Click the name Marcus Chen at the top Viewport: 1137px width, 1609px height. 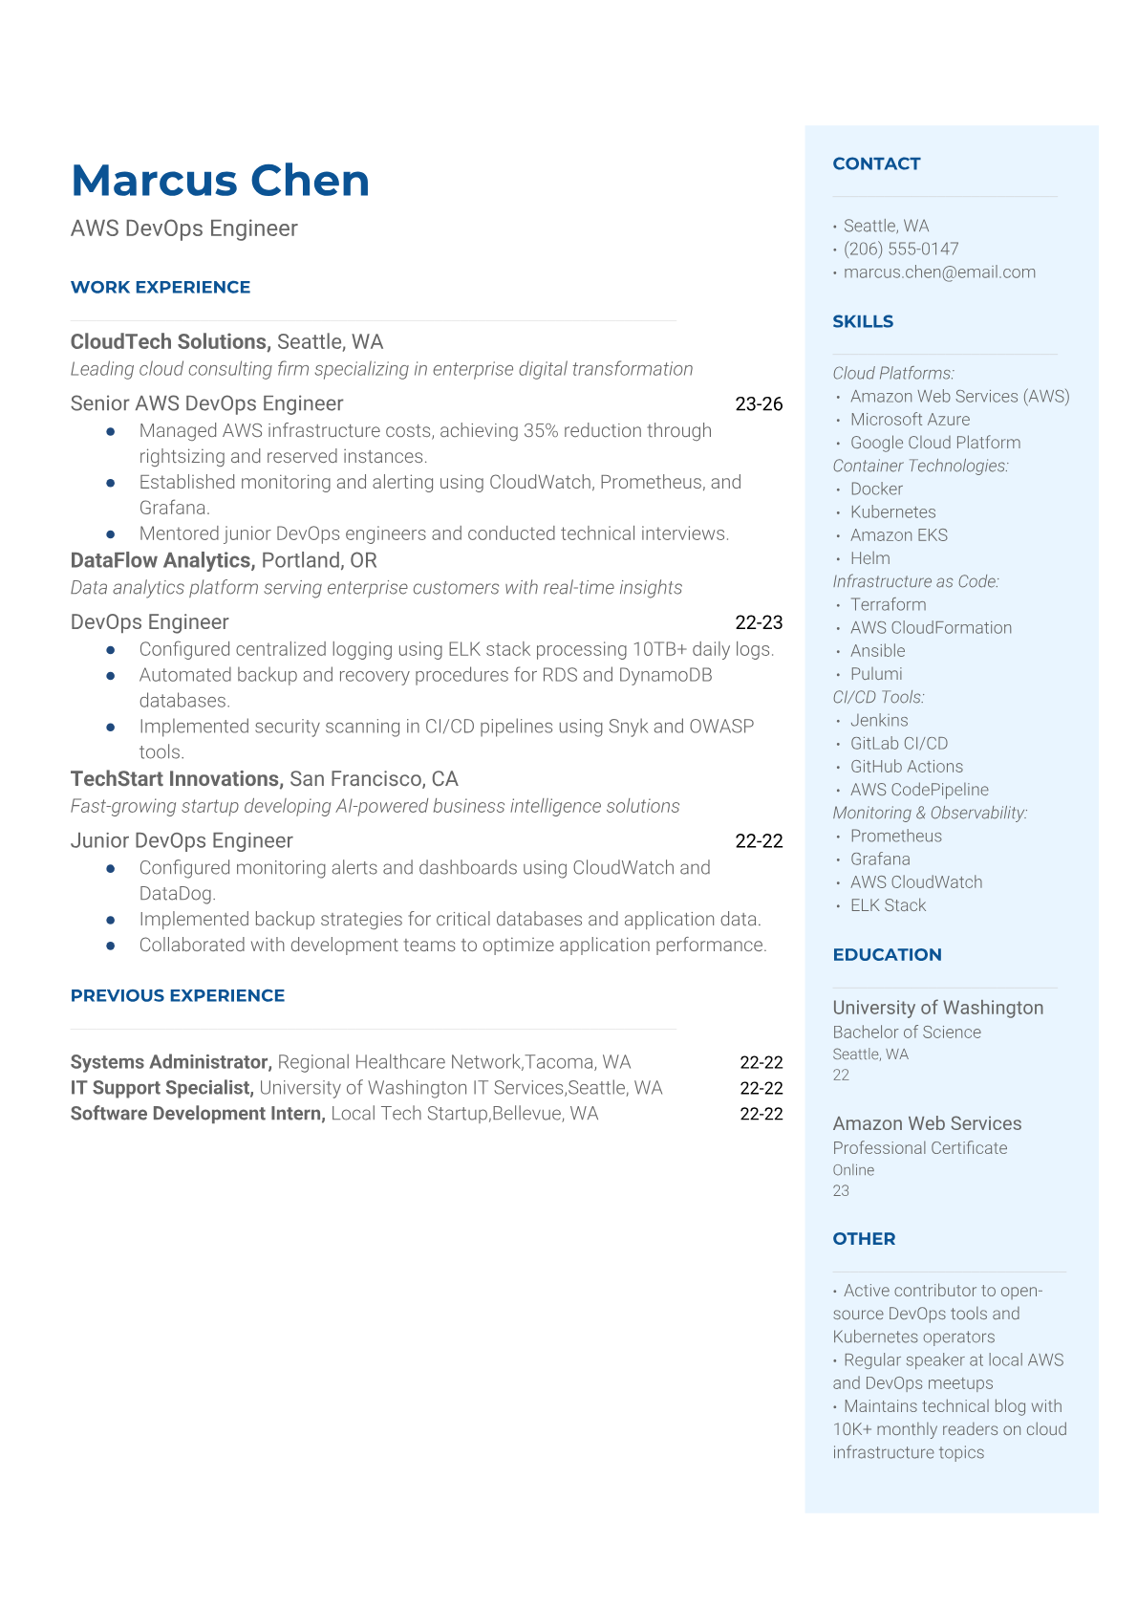click(220, 181)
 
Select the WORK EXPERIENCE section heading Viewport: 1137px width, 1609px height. click(161, 287)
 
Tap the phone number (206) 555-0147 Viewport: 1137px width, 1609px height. click(900, 249)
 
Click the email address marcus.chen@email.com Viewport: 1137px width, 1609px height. click(938, 272)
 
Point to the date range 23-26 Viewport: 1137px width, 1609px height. click(759, 403)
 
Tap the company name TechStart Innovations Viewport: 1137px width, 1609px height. click(177, 778)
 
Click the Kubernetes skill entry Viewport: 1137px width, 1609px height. click(892, 511)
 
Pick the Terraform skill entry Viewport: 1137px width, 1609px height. click(888, 604)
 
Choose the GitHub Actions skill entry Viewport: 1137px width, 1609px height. click(906, 766)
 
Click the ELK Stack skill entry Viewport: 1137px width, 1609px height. click(888, 905)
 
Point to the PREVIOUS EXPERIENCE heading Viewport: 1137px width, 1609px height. click(178, 995)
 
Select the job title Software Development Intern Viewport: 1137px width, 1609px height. click(198, 1114)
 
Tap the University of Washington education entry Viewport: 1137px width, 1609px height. click(937, 1008)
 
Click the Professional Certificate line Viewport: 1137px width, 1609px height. click(919, 1147)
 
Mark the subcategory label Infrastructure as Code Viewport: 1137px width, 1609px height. click(914, 581)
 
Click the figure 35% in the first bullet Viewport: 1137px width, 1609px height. click(541, 430)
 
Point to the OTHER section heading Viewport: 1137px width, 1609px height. click(864, 1238)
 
